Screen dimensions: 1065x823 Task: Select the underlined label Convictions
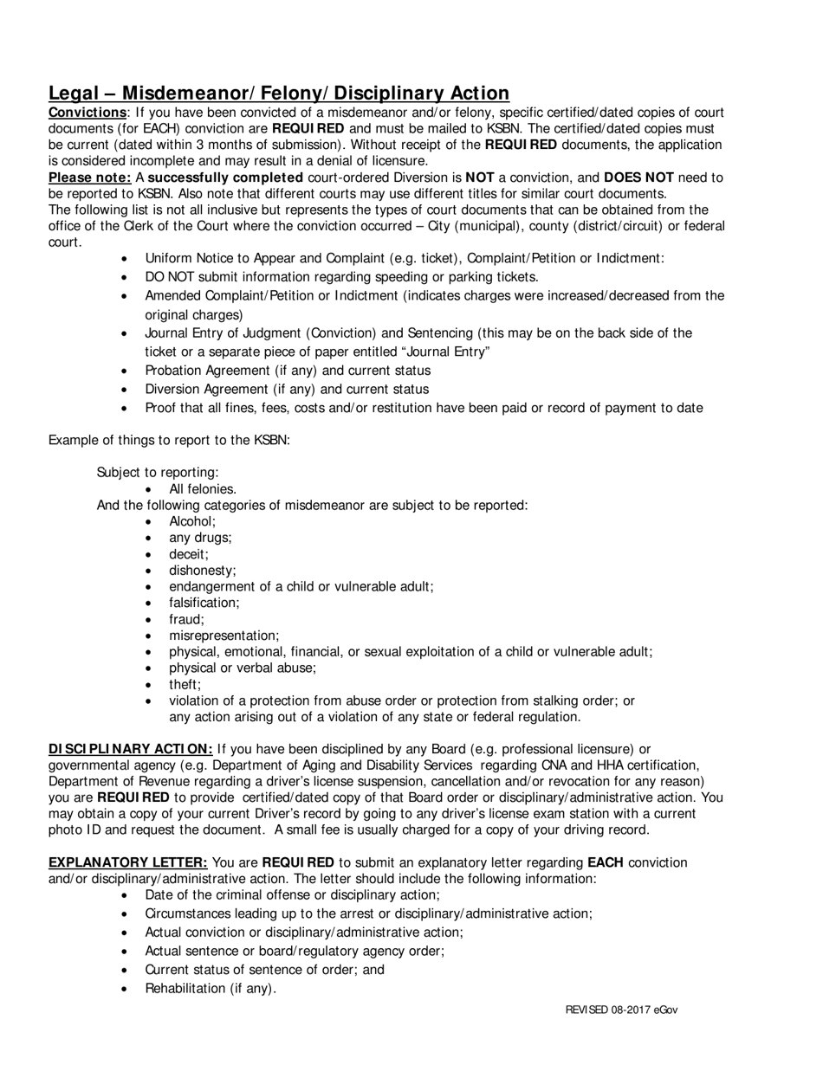pyautogui.click(x=87, y=113)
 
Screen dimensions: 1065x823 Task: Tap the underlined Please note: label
pyautogui.click(x=90, y=177)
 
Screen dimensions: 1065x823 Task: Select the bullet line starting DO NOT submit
pyautogui.click(x=341, y=277)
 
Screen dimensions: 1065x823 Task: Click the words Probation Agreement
pyautogui.click(x=207, y=371)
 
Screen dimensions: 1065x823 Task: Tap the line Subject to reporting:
pyautogui.click(x=158, y=472)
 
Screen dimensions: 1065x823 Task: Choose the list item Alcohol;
pyautogui.click(x=192, y=521)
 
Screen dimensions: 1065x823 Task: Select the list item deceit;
pyautogui.click(x=189, y=554)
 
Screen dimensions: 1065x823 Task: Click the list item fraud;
pyautogui.click(x=186, y=619)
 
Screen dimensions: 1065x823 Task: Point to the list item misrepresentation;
pyautogui.click(x=224, y=636)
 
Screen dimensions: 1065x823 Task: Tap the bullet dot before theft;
pyautogui.click(x=150, y=685)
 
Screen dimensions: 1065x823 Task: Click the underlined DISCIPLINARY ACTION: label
pyautogui.click(x=131, y=749)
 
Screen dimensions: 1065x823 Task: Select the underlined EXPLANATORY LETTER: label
pyautogui.click(x=128, y=862)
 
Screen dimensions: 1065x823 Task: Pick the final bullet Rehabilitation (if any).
pyautogui.click(x=211, y=989)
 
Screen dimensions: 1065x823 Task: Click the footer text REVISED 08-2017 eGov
pyautogui.click(x=621, y=1010)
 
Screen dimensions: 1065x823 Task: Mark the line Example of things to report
pyautogui.click(x=169, y=440)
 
